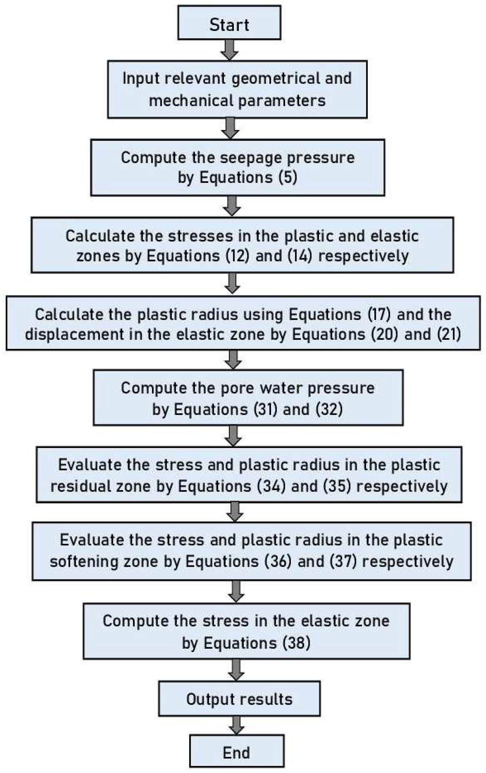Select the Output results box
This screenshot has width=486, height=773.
coord(239,699)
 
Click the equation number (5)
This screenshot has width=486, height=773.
coord(288,177)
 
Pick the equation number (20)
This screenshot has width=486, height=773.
coord(384,334)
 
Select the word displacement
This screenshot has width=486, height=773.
coord(74,334)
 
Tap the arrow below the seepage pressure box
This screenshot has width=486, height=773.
coord(232,206)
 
